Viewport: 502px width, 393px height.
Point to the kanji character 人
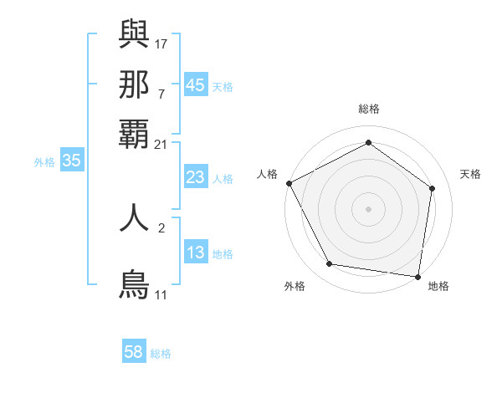(135, 217)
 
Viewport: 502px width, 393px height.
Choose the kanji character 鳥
(135, 283)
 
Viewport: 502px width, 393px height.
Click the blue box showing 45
(195, 85)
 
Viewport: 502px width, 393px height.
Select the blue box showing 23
(195, 177)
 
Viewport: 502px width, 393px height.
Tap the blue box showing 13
(195, 253)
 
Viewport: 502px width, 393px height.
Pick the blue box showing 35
(71, 161)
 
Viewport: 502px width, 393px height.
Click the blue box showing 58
(134, 353)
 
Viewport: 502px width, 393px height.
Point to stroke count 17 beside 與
(162, 43)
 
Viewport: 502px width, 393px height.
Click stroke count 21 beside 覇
(161, 144)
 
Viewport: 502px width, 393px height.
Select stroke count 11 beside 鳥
(161, 294)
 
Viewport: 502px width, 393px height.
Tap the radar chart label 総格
(369, 109)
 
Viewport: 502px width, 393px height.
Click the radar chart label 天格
(470, 174)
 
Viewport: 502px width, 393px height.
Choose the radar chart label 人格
(267, 174)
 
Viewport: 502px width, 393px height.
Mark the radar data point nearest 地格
(417, 276)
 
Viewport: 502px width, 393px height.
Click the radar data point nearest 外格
(330, 264)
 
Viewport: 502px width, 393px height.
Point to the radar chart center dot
(369, 208)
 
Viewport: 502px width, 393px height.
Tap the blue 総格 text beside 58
(161, 354)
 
